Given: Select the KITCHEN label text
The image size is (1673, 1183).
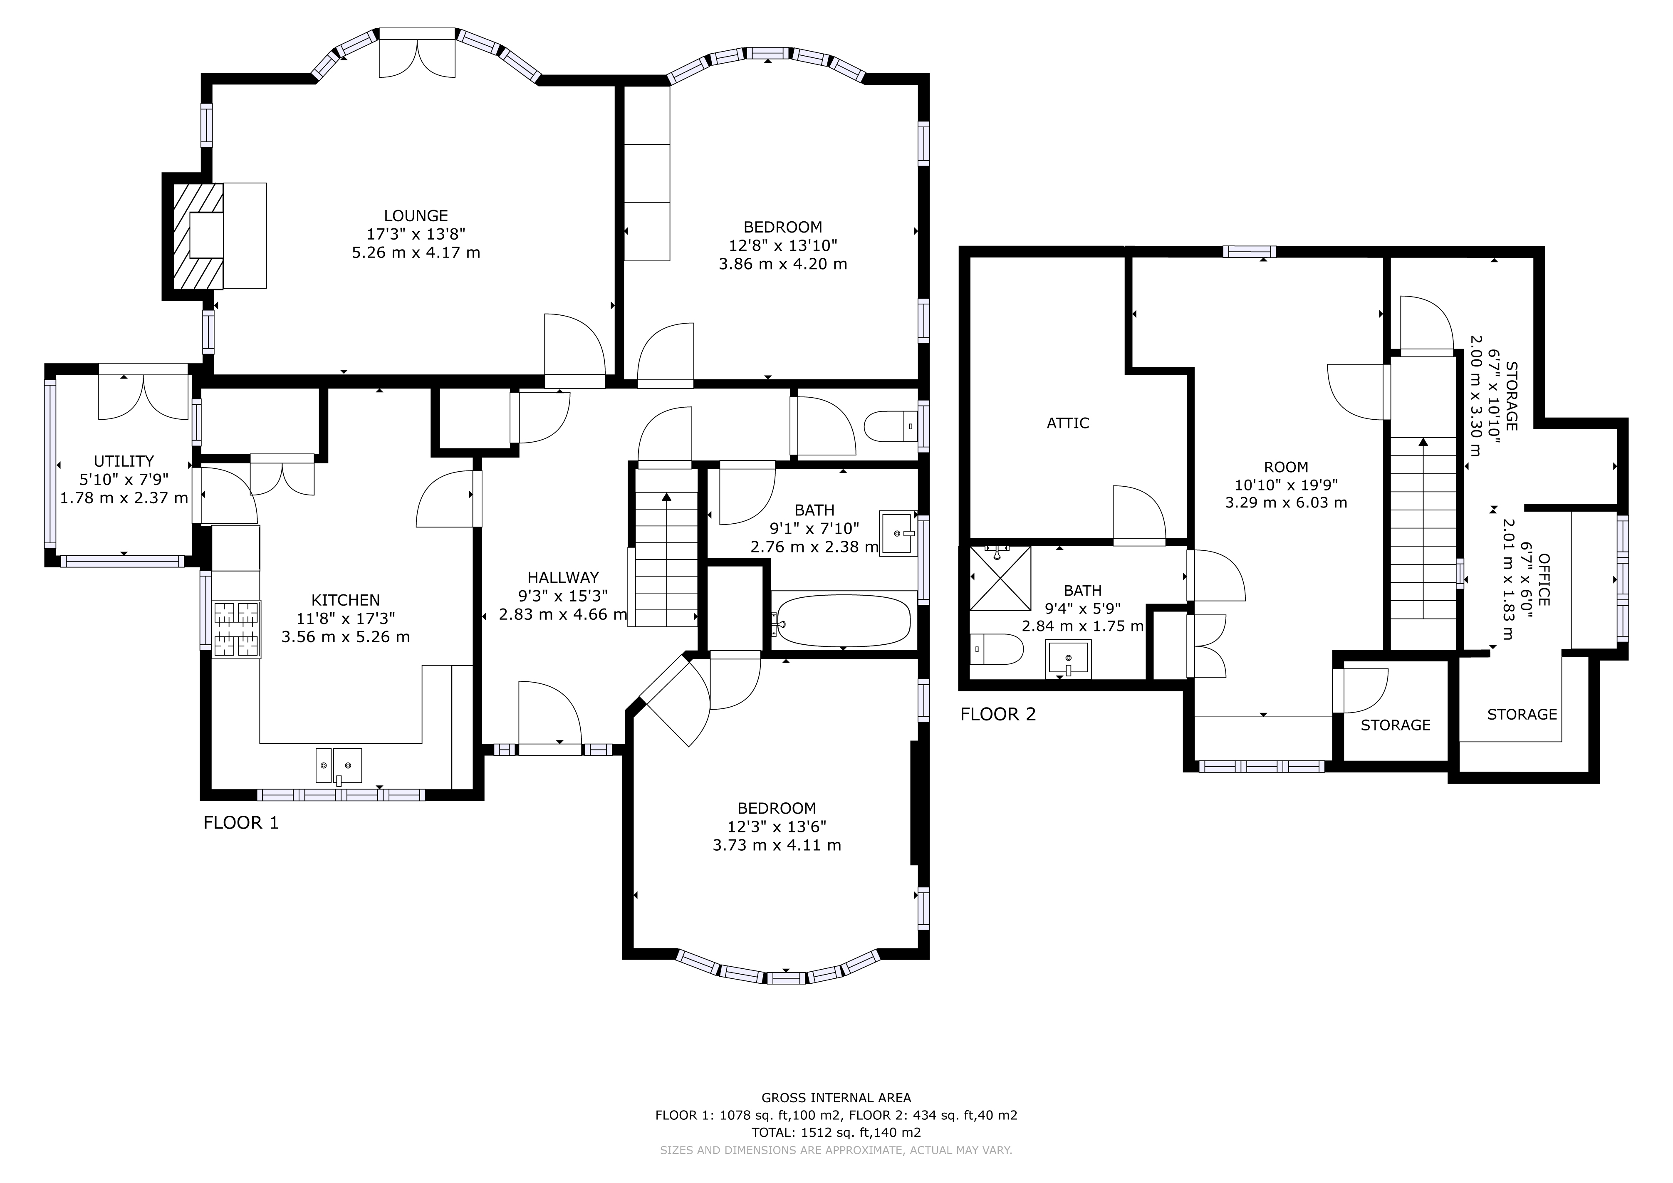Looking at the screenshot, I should (345, 600).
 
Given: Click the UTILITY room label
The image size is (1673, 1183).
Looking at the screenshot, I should (124, 461).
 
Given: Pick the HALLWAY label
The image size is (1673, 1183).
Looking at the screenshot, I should (562, 578).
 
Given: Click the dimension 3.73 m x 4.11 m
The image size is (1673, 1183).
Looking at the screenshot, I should (777, 845).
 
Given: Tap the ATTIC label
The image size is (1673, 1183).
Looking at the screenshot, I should (1067, 423).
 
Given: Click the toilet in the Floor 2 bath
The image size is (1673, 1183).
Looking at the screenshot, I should (996, 648).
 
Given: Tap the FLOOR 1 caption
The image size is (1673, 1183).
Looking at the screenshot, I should (240, 823).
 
